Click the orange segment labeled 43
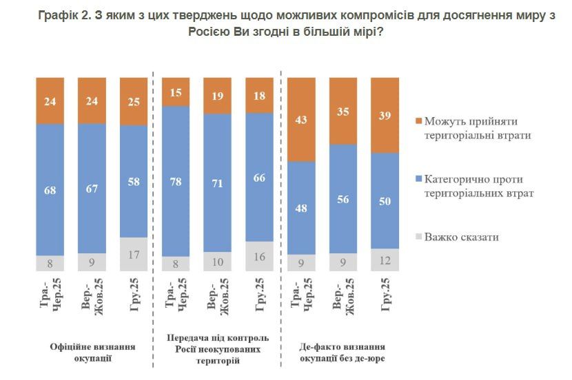301,119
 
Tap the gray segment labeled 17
134,254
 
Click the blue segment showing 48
301,207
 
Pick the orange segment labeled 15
175,92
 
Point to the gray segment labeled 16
259,256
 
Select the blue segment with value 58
134,182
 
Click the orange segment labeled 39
385,115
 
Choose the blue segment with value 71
217,182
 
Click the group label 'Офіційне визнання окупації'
92,353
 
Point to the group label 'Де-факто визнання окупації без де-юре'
343,353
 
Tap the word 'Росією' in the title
212,32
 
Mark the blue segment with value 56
343,199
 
